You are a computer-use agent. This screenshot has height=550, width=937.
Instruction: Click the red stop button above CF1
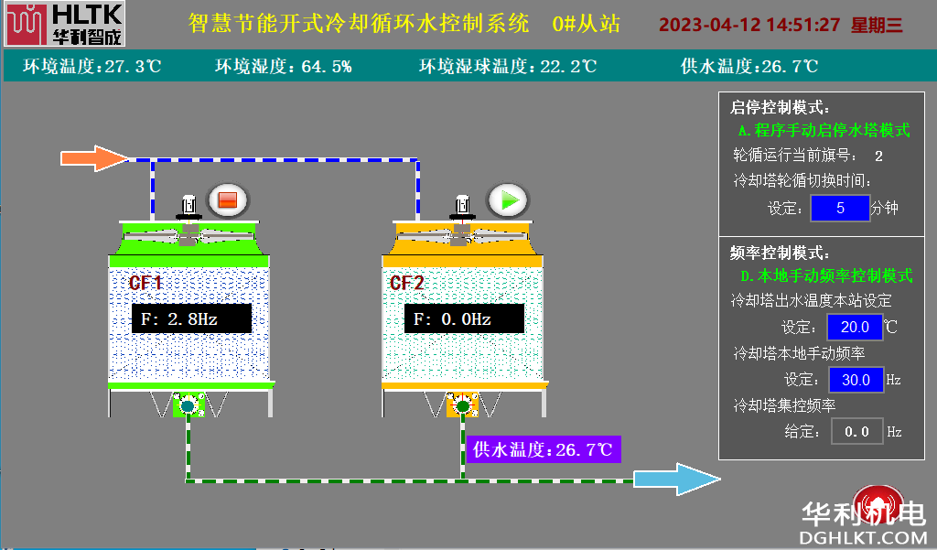228,200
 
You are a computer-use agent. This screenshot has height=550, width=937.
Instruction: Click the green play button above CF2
508,200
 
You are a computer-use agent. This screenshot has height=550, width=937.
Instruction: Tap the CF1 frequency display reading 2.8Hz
190,318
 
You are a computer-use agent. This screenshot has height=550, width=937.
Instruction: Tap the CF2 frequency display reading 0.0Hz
464,318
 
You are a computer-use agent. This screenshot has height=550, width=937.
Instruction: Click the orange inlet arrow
95,158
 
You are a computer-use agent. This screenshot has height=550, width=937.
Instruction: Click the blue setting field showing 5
839,208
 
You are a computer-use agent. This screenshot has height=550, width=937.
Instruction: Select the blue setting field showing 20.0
855,327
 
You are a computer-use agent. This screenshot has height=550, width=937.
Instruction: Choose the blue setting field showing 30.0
856,379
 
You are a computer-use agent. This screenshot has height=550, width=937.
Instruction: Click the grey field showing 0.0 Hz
856,431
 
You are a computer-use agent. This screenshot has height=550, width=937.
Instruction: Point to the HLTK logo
63,25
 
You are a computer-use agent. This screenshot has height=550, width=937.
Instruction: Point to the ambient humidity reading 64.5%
284,67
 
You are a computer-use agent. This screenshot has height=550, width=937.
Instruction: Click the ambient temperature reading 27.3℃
92,67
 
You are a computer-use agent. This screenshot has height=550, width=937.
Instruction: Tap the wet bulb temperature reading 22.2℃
508,67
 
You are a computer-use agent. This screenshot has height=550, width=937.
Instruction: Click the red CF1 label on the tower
145,283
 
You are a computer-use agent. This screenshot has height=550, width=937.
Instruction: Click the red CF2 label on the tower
407,283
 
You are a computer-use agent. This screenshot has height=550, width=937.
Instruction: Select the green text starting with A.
824,131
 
